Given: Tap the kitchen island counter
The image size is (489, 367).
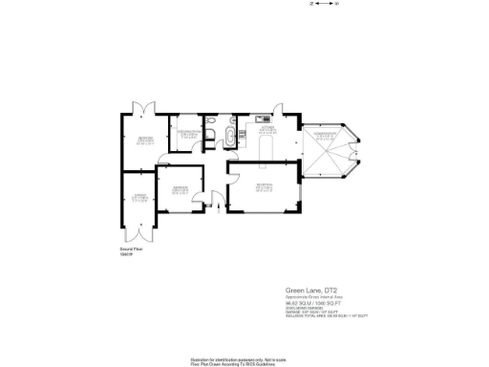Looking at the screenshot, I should tap(267, 150).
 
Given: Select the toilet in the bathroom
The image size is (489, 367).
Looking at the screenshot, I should tap(215, 121).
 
